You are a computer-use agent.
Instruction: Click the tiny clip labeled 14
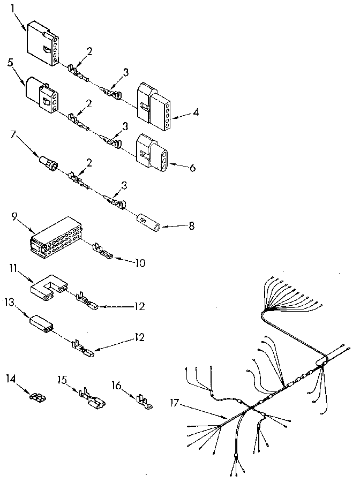point(37,398)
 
